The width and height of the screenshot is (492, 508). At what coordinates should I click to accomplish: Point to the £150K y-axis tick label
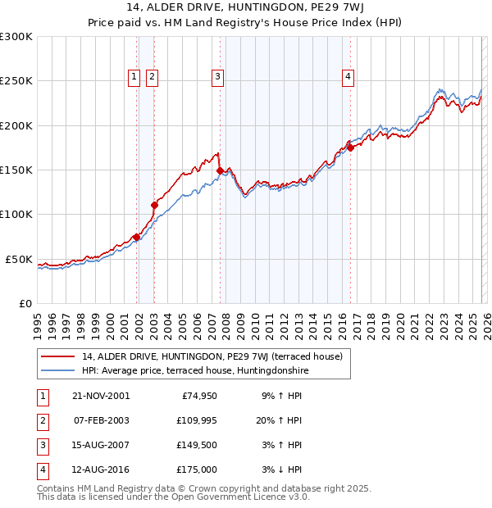(16, 170)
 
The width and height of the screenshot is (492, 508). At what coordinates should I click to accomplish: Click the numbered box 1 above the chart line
(134, 77)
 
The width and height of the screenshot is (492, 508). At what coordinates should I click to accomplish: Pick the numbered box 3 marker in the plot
(218, 77)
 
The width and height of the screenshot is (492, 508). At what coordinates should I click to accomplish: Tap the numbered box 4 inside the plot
(348, 77)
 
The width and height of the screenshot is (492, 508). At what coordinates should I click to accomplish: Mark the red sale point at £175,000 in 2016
(350, 148)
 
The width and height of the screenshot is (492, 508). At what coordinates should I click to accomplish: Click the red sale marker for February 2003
(154, 205)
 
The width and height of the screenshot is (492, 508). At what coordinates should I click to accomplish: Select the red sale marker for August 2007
(220, 170)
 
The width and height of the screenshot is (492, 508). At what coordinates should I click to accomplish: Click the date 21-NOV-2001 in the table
(101, 395)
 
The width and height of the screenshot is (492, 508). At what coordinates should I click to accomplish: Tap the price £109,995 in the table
(194, 420)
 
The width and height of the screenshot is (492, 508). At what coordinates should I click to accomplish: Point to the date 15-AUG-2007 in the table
(101, 445)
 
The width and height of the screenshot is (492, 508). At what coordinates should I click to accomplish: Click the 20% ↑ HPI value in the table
(281, 420)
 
